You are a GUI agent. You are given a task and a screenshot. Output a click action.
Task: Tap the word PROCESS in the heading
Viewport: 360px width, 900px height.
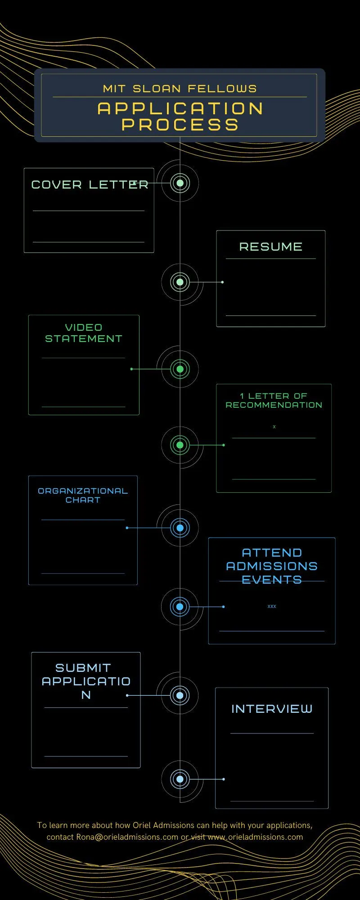[x=180, y=125]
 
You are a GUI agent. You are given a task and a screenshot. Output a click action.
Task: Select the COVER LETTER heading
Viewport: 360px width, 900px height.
[x=90, y=184]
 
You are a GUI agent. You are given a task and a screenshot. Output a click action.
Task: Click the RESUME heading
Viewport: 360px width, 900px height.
[x=271, y=247]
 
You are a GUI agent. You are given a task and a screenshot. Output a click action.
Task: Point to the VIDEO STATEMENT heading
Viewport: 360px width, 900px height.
[x=84, y=333]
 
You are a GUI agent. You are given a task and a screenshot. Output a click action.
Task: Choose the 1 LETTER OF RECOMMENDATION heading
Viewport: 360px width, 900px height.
[x=274, y=400]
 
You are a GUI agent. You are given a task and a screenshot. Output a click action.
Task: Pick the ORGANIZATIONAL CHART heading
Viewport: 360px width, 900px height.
[x=83, y=495]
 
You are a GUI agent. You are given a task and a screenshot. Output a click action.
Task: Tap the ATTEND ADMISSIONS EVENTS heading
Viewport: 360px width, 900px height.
[x=272, y=566]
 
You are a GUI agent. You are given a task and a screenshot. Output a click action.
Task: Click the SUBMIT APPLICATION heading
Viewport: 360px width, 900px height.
[x=86, y=681]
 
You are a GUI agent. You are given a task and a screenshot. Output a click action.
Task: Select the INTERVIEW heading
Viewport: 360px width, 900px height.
[x=272, y=709]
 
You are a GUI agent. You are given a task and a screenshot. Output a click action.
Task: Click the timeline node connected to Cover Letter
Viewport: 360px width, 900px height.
[x=180, y=183]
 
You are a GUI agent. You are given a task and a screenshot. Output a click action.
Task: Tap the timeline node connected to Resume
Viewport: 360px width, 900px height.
[x=180, y=282]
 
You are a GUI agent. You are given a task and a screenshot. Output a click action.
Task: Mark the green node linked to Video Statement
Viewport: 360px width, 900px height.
[x=180, y=369]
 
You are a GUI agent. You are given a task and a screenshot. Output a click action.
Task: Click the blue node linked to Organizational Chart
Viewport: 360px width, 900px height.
[x=180, y=528]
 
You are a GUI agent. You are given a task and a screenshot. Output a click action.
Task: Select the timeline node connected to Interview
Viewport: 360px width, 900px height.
[x=180, y=779]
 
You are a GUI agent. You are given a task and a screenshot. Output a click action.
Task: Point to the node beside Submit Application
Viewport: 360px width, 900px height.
[x=180, y=695]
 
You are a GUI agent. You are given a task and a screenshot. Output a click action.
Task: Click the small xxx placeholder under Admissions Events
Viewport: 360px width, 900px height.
[x=272, y=607]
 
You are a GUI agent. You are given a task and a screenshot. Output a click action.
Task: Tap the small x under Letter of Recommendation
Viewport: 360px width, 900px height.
[x=274, y=427]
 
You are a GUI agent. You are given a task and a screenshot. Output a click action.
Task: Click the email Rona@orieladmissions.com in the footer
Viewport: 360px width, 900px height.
[x=127, y=837]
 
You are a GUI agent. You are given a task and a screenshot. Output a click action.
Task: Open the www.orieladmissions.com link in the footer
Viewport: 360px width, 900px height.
[x=255, y=837]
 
